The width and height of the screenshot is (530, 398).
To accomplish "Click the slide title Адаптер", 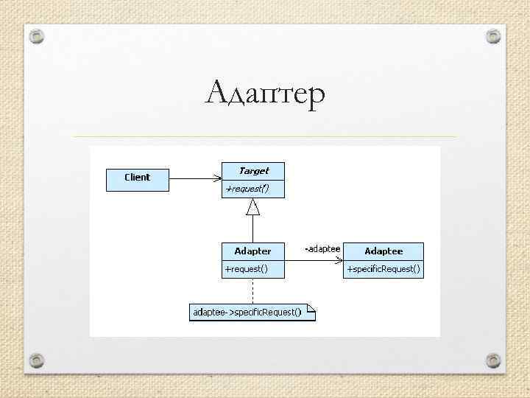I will (x=265, y=95).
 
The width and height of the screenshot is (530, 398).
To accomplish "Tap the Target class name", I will (x=253, y=171).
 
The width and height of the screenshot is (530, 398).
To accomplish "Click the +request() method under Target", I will (x=247, y=189).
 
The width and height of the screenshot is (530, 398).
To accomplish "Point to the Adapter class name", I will (x=252, y=251).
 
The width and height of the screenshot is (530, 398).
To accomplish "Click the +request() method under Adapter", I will (x=246, y=269).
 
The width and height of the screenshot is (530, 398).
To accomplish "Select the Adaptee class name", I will (x=384, y=251).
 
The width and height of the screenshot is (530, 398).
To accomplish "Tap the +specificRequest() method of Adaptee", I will (x=384, y=269).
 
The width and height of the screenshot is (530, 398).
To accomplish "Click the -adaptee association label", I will (x=322, y=249).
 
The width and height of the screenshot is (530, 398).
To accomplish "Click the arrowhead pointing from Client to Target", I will (x=217, y=178).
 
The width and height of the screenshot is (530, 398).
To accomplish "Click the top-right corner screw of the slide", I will (x=493, y=35).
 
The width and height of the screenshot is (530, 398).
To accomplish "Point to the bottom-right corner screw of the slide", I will (x=493, y=360).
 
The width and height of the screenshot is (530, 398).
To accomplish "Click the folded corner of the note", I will (x=311, y=308).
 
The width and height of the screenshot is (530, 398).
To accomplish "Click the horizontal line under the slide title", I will (x=265, y=136).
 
